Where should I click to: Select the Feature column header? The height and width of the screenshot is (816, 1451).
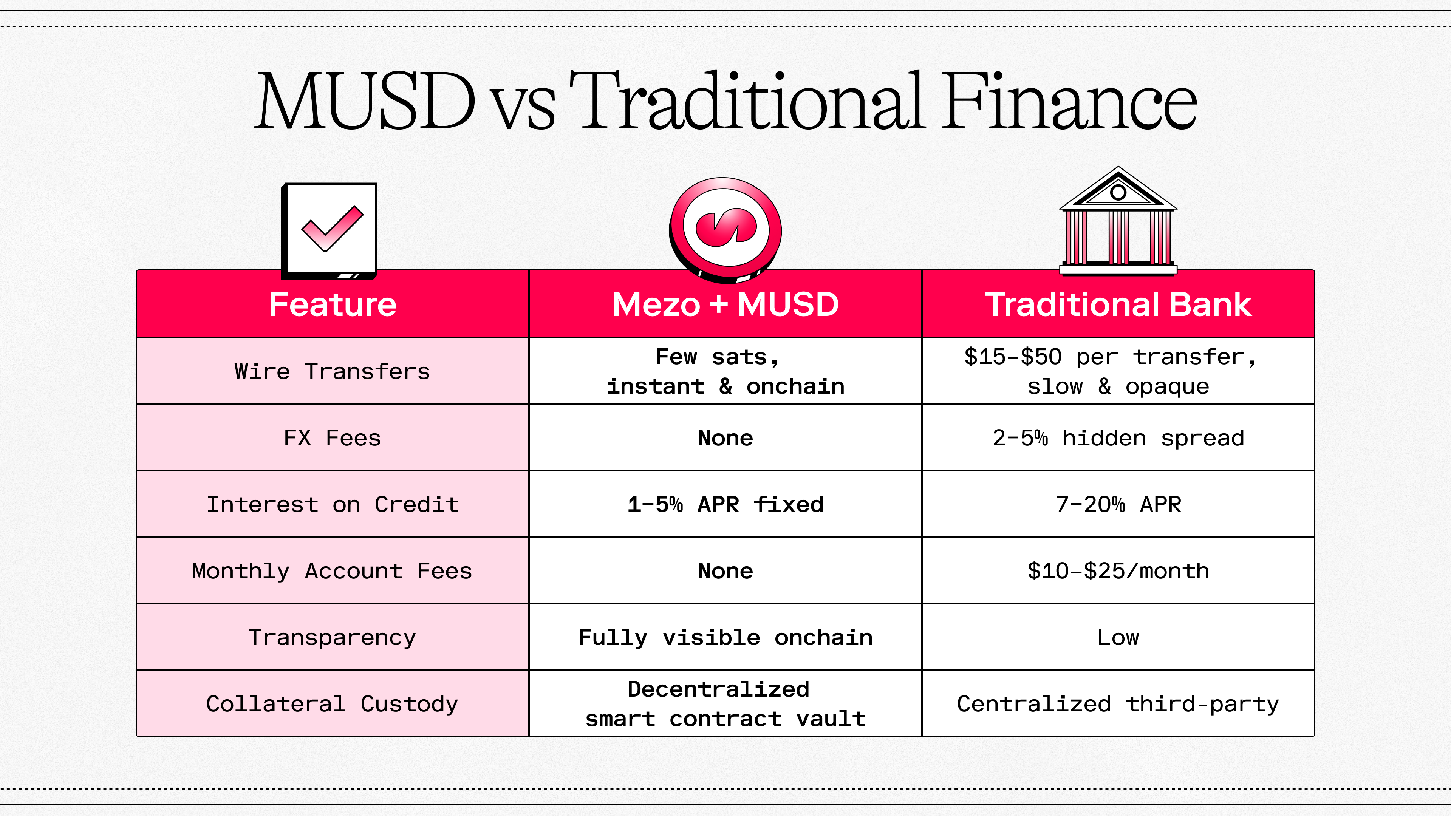pyautogui.click(x=333, y=304)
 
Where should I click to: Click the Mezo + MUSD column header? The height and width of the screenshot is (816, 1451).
pyautogui.click(x=725, y=304)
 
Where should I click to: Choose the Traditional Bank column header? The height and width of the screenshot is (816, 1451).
pyautogui.click(x=1118, y=304)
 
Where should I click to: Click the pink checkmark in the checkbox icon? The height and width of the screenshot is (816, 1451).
pyautogui.click(x=333, y=227)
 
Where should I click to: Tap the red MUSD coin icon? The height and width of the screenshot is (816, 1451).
pyautogui.click(x=725, y=228)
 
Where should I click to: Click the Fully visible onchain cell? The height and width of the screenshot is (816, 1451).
pyautogui.click(x=725, y=637)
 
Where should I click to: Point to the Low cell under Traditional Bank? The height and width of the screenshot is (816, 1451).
pyautogui.click(x=1118, y=637)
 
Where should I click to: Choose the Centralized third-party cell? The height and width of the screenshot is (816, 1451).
pyautogui.click(x=1118, y=704)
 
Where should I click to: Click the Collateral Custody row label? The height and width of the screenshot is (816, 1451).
pyautogui.click(x=333, y=704)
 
